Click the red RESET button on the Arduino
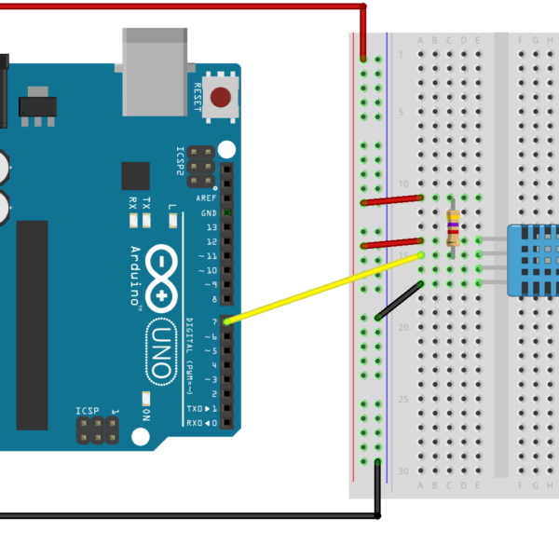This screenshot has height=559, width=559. point(222,97)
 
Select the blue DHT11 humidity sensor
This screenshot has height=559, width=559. point(533,260)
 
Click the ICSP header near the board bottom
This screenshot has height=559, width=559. point(97,429)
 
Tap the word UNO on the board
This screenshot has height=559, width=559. point(160,350)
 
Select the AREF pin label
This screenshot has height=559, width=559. point(206,198)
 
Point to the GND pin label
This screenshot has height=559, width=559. point(209,213)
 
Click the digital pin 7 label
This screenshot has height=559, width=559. point(213,321)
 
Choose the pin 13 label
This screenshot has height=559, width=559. point(211,227)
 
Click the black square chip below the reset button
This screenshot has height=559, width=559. point(135,175)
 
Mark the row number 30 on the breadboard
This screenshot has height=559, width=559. point(402,471)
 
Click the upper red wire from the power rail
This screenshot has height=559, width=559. point(391,199)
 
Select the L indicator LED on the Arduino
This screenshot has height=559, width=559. point(173,220)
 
